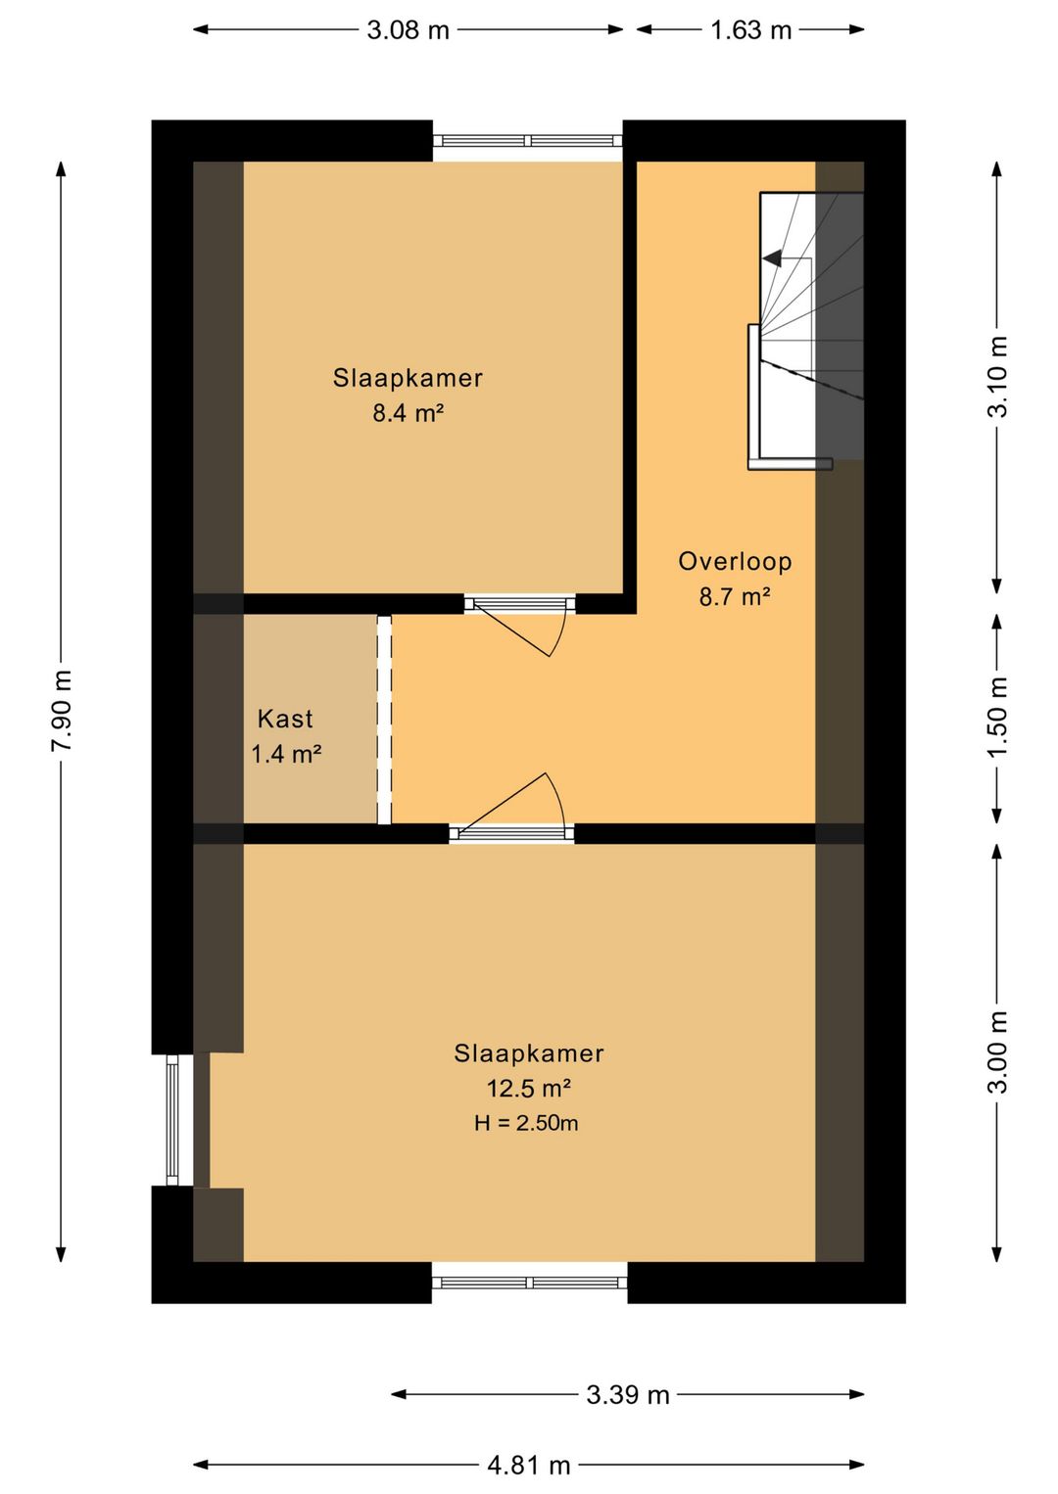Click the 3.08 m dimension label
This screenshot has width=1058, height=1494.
[x=408, y=30]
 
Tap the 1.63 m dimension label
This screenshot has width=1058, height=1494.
[x=750, y=30]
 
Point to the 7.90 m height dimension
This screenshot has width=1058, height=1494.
[x=62, y=711]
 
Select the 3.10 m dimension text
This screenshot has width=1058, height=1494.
[x=997, y=377]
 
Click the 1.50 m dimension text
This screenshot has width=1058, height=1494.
[x=997, y=717]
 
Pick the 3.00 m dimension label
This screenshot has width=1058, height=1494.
[x=997, y=1052]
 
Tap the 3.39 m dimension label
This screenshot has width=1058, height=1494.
[x=628, y=1394]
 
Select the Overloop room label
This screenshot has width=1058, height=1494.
[x=735, y=562]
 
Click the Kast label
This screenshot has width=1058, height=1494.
[x=285, y=719]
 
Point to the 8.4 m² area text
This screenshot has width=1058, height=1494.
[x=409, y=413]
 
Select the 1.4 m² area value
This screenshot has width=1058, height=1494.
[x=286, y=754]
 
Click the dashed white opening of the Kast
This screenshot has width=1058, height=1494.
[x=384, y=720]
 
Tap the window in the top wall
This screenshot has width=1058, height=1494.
[x=528, y=141]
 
